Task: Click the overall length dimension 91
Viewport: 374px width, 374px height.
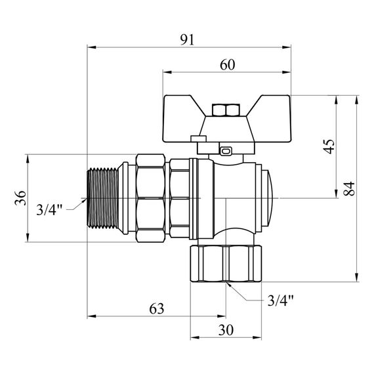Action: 188,39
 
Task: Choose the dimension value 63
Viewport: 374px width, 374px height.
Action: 157,308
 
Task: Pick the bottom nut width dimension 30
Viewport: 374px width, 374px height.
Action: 226,331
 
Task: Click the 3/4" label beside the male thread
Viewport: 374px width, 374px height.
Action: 49,210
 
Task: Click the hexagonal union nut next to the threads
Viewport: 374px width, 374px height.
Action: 152,198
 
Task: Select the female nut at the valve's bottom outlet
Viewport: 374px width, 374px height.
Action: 226,264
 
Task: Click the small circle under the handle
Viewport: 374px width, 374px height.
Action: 226,150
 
